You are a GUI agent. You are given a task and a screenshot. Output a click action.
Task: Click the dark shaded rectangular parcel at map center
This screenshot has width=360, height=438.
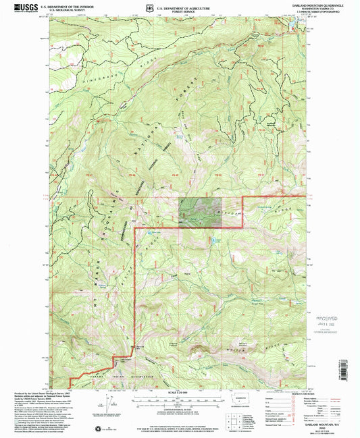click(x=199, y=211)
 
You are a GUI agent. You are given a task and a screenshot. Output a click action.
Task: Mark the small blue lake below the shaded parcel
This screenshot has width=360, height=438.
click(x=215, y=239)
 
